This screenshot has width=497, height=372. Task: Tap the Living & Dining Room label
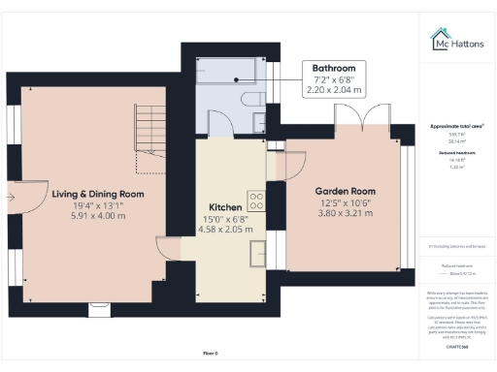point(98,194)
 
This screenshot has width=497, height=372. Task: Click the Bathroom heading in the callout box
point(332,67)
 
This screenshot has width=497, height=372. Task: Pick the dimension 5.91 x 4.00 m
point(98,216)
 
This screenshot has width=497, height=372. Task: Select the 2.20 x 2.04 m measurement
point(332,90)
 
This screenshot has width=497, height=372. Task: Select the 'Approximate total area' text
point(456,126)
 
